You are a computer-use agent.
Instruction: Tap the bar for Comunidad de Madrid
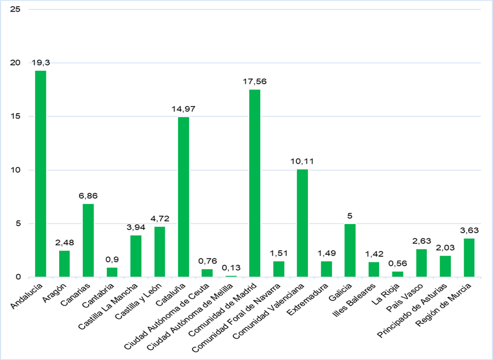pos(255,183)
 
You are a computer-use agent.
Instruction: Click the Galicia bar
pos(350,250)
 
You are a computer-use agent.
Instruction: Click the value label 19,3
pos(41,62)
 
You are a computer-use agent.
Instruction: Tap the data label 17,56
pos(255,81)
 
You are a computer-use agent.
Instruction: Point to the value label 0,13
pos(230,267)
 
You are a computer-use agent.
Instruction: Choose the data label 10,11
pos(302,161)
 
